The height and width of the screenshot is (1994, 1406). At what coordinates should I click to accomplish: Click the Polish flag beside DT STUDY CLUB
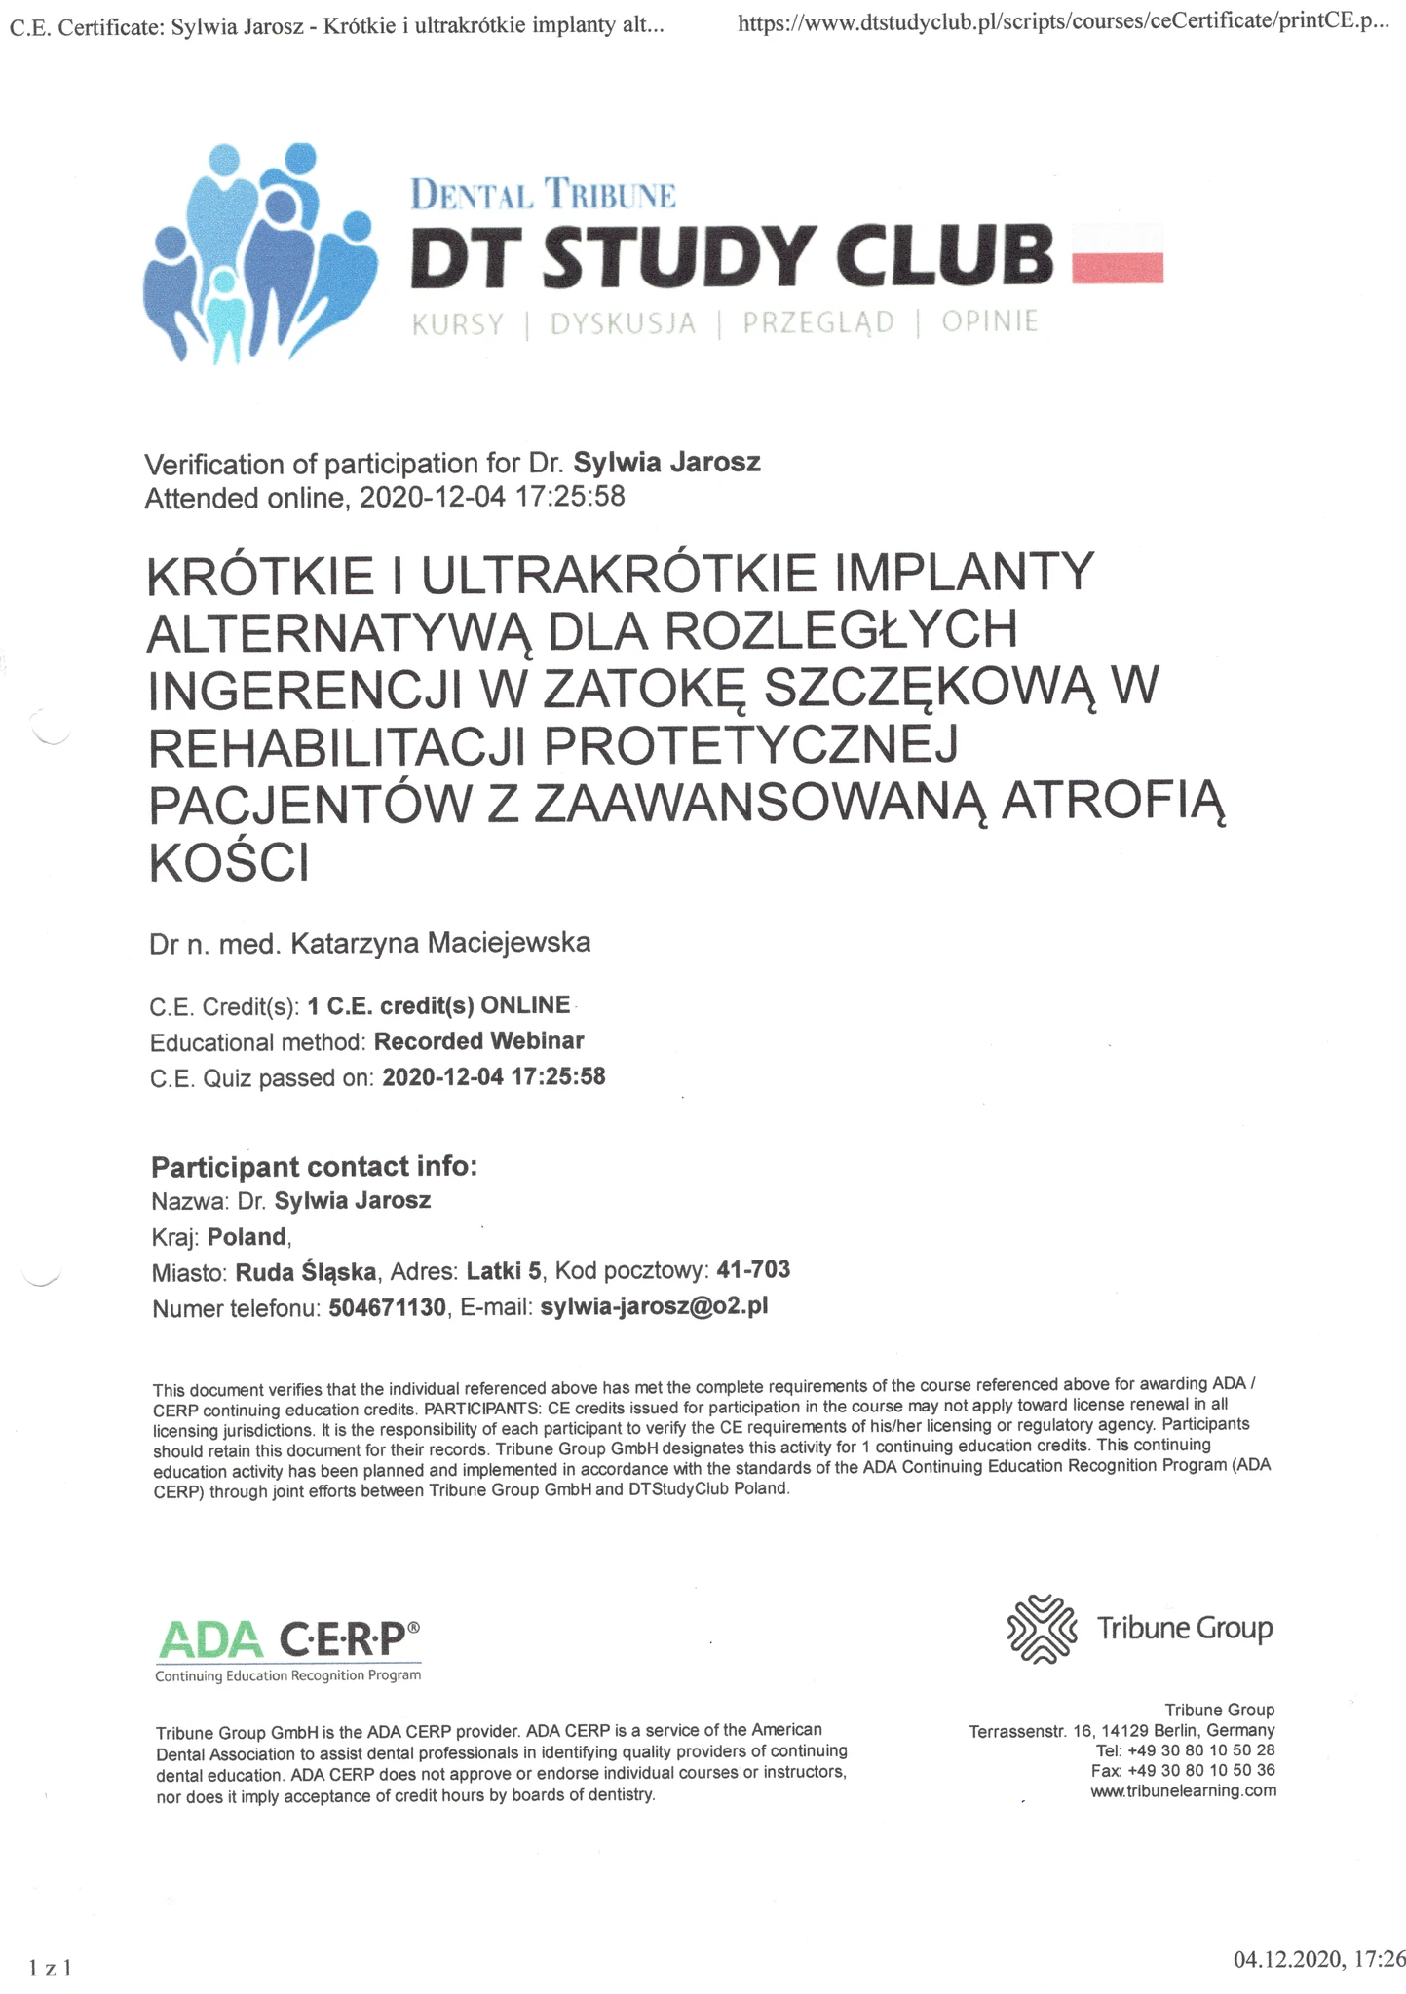coord(1117,253)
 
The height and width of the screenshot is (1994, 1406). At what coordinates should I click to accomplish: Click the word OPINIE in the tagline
coord(989,321)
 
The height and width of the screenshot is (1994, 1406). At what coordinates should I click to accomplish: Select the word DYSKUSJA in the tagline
coord(623,323)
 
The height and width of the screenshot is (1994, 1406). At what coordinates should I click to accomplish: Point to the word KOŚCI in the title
coord(229,862)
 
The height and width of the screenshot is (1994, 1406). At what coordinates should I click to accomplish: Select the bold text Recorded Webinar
coord(479,1041)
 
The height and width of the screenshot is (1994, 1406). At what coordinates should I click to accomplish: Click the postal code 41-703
coord(753,1270)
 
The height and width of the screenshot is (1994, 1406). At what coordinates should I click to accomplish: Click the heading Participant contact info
coord(314,1166)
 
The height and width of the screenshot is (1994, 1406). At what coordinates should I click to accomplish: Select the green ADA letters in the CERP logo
coord(210,1639)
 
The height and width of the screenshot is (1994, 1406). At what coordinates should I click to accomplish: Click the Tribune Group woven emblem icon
coord(1041,1628)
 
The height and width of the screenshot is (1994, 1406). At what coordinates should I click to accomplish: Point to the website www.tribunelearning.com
coord(1183,1790)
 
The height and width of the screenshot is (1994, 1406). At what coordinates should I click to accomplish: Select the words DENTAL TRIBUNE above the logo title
coord(543,195)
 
